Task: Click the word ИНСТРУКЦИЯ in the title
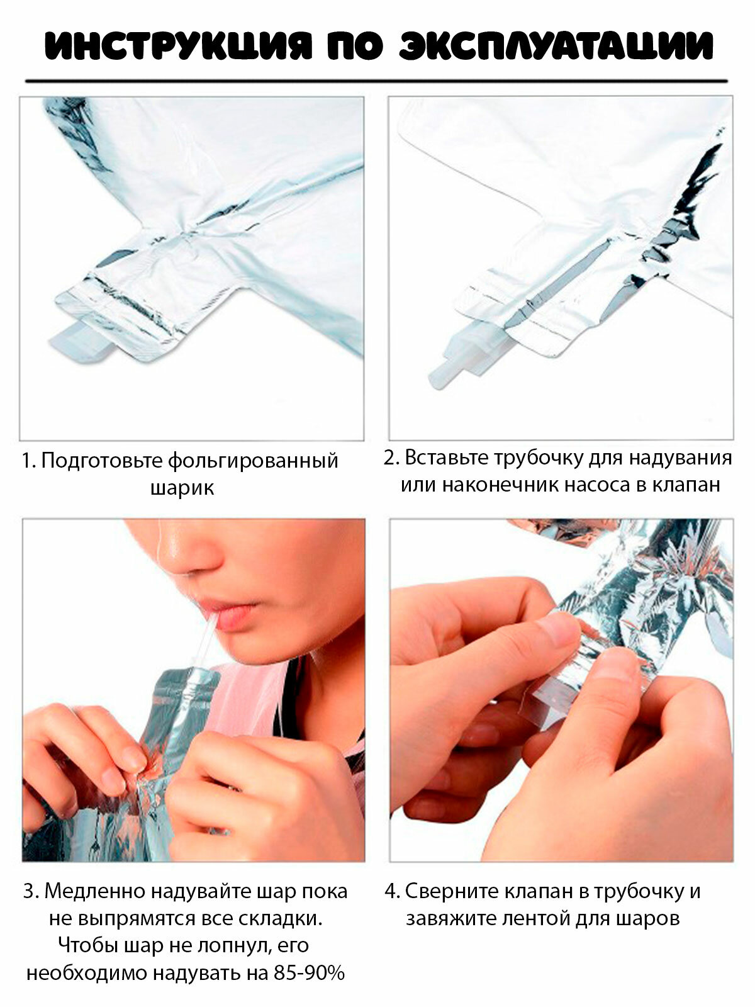178,47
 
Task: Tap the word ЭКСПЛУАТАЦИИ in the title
556,47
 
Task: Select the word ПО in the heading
355,47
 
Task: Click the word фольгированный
253,461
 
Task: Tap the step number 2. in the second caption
393,458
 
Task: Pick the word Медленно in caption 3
94,891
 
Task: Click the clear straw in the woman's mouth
206,640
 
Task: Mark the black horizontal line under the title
376,81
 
